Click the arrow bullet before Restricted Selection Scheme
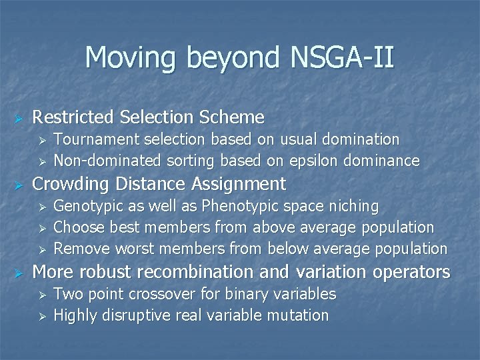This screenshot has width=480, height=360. click(x=19, y=118)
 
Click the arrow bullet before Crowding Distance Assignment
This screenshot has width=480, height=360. click(x=19, y=184)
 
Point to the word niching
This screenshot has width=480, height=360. click(x=354, y=206)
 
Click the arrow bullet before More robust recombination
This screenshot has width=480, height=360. click(x=19, y=273)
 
